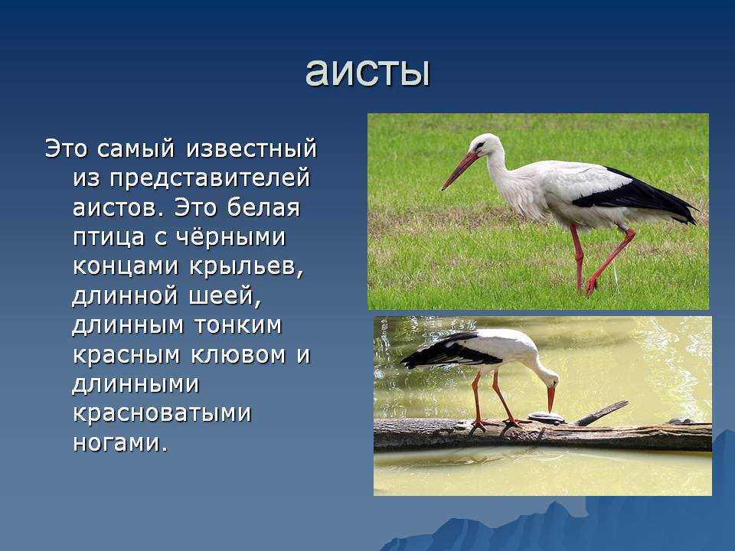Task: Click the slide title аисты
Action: [368, 73]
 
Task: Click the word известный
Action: [251, 148]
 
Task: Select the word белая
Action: [263, 207]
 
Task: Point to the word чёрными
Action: [230, 236]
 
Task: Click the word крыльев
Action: [247, 267]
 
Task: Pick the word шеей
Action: [224, 296]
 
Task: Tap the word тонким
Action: [237, 325]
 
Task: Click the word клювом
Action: [238, 354]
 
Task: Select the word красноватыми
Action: [162, 413]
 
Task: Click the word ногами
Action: [120, 443]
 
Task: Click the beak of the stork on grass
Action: [459, 170]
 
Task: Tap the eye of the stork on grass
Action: [479, 145]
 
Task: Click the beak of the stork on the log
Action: [551, 398]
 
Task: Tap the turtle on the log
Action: [546, 417]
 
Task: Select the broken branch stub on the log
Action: [602, 413]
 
